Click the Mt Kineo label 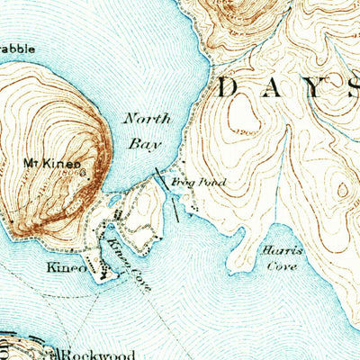(x=48, y=164)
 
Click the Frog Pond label (x=198, y=182)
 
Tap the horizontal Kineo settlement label (x=68, y=268)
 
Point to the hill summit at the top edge (x=229, y=9)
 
